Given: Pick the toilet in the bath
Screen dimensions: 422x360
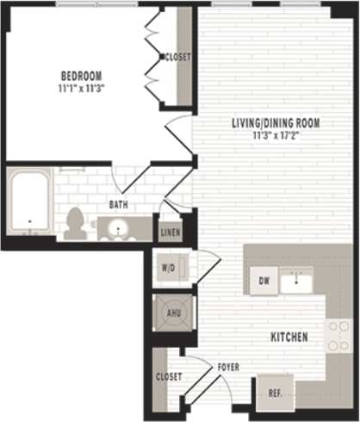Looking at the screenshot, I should click(74, 222).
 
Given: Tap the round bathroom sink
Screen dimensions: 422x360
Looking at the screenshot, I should click(118, 228).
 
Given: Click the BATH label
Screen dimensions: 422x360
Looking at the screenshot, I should click(119, 205).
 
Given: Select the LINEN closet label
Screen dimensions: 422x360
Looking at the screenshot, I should click(170, 233).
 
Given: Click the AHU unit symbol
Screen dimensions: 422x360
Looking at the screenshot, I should click(172, 313).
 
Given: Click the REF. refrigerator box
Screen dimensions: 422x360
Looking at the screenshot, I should click(276, 393).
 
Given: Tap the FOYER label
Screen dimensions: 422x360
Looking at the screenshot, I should click(228, 368).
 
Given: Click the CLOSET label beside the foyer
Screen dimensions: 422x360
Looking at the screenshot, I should click(168, 376).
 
